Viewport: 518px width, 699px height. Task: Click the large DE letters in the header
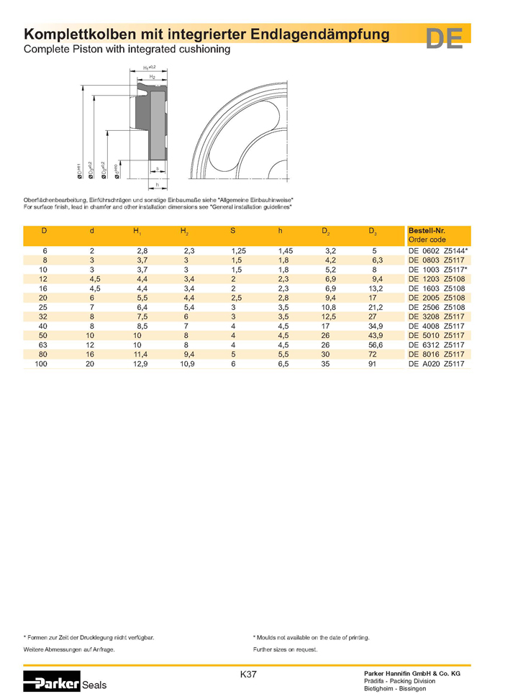pos(444,39)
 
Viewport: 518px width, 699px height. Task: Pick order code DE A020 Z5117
pos(437,365)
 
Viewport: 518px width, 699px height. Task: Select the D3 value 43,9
pos(375,336)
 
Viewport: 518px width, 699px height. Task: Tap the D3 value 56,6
pos(375,345)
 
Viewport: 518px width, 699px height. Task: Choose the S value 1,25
pos(237,250)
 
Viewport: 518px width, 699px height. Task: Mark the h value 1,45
pos(285,250)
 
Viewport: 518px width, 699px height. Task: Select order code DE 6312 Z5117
pos(437,345)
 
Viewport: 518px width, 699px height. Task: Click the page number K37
pos(248,675)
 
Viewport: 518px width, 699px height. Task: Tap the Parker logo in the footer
pos(52,683)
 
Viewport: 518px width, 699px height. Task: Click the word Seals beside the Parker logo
pos(94,685)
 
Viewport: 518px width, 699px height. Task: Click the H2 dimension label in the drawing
pos(153,76)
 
